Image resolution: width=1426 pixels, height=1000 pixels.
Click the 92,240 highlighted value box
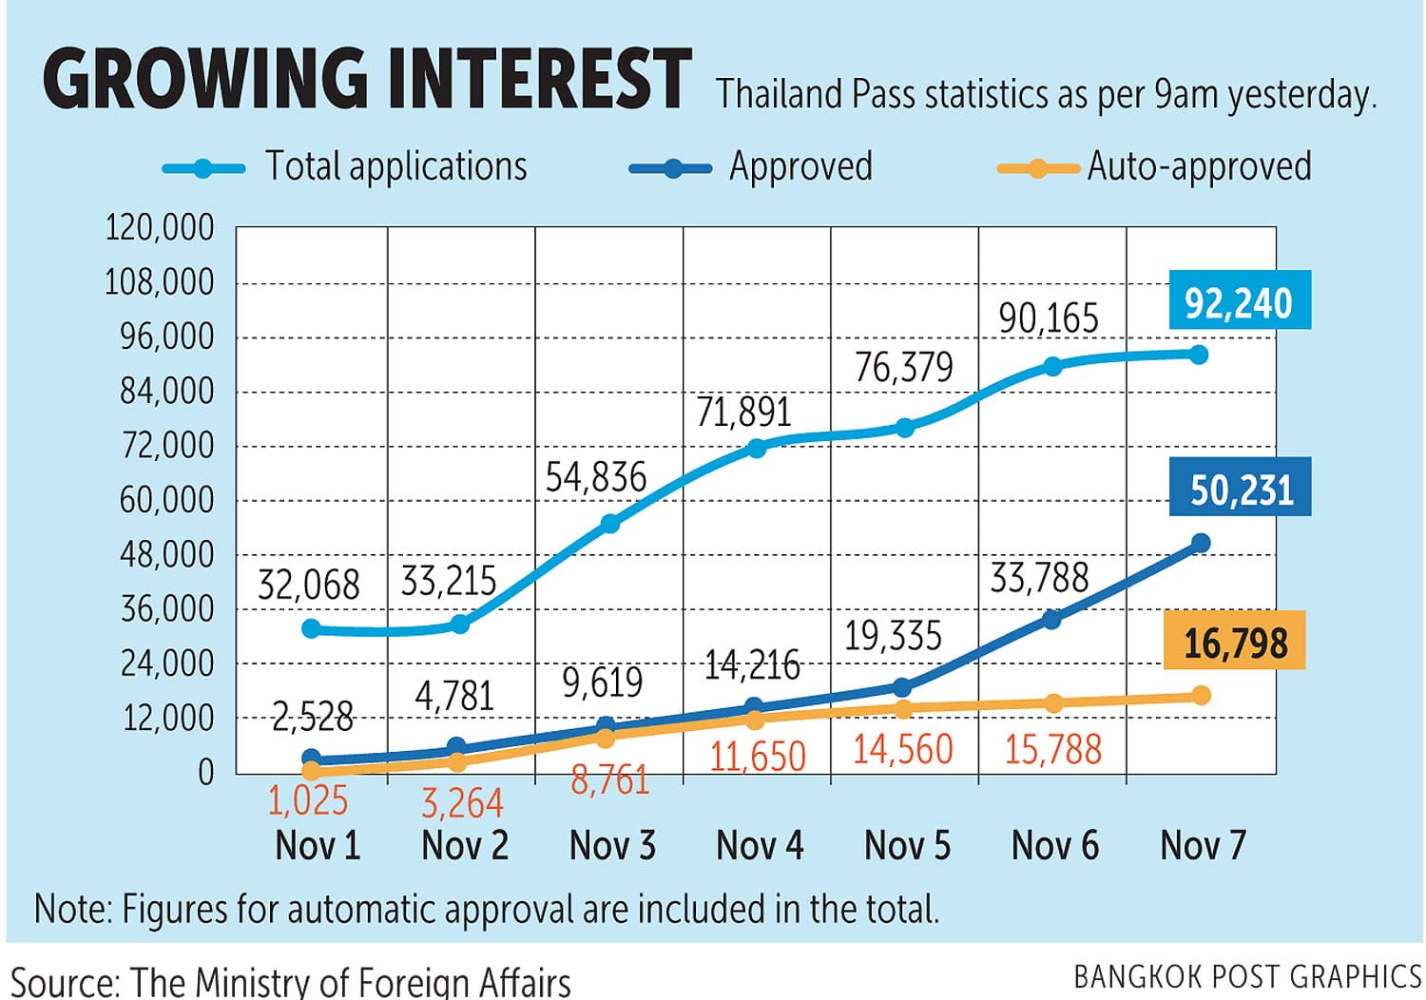click(1239, 302)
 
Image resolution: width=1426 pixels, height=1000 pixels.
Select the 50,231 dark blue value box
click(1242, 490)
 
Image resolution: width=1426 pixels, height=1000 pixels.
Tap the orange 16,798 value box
click(1235, 644)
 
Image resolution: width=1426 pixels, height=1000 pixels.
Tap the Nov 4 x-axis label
click(760, 844)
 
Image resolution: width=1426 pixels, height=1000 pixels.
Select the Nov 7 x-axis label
click(1203, 844)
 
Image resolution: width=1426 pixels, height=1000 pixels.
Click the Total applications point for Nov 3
click(610, 524)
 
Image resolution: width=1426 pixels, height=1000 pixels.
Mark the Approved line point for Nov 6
click(1051, 619)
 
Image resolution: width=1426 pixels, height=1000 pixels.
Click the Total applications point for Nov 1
click(311, 628)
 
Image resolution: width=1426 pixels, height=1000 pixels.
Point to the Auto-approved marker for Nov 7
click(1201, 696)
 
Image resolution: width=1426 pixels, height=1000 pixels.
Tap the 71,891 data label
click(743, 413)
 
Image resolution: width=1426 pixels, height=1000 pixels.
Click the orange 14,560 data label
click(902, 749)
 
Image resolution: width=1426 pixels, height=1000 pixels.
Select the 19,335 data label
click(893, 636)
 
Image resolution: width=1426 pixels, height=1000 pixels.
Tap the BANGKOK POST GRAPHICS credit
click(1246, 977)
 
